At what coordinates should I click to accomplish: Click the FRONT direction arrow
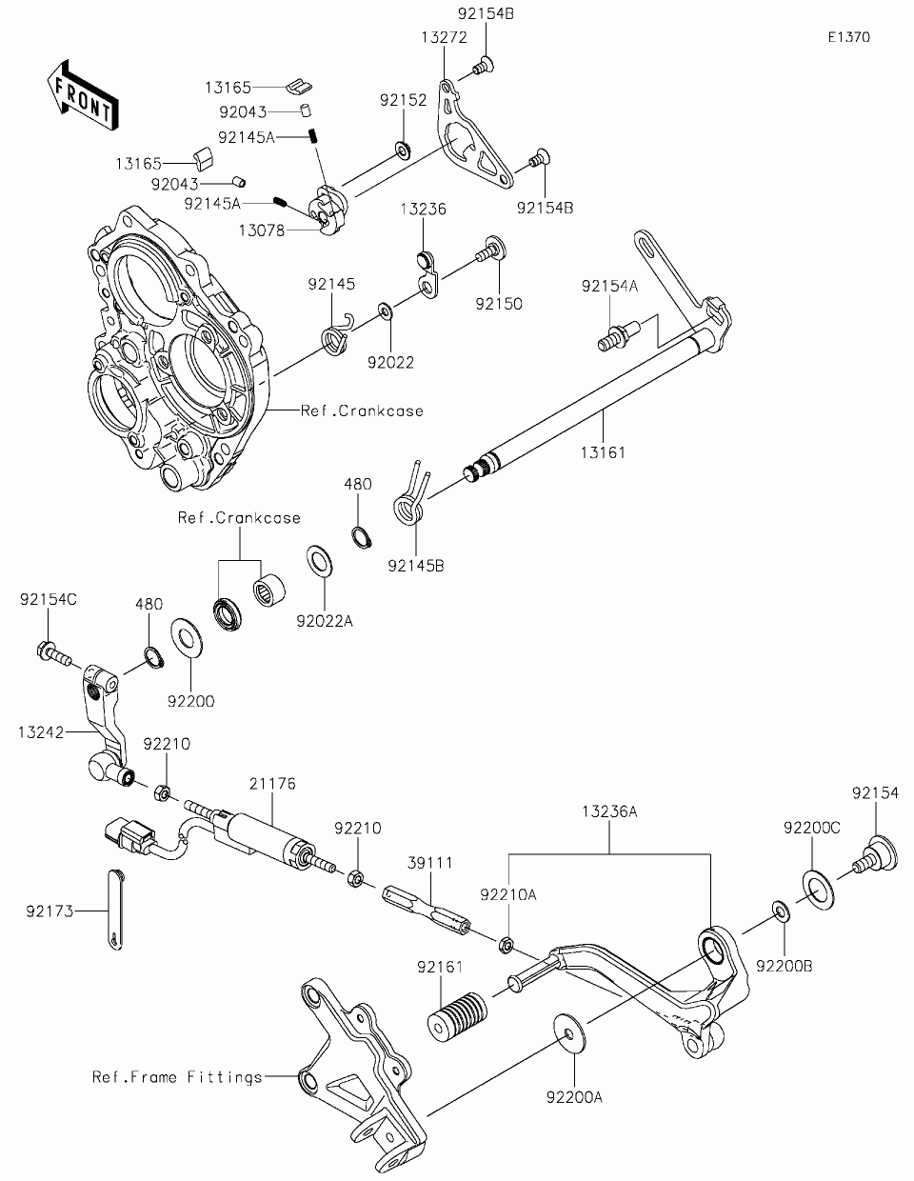coord(83,95)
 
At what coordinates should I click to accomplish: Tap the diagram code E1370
coord(849,37)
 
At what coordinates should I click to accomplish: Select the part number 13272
coord(445,37)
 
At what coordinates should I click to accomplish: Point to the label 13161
coord(603,452)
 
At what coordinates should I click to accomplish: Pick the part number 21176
coord(272,784)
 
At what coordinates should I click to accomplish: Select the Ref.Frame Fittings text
coord(177,1076)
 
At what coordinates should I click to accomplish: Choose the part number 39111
coord(430,863)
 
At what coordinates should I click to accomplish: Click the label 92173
coord(50,911)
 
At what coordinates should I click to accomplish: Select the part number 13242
coord(41,732)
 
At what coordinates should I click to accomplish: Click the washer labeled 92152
coord(403,150)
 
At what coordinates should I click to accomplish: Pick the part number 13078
coord(261,230)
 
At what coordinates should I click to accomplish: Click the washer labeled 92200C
coord(818,890)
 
